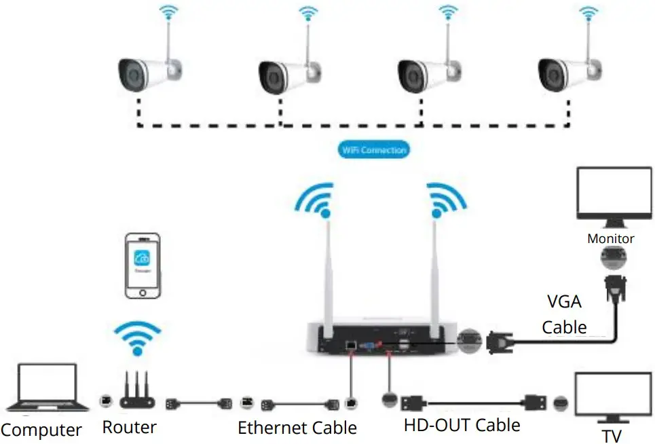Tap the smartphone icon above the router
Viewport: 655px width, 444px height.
pyautogui.click(x=143, y=265)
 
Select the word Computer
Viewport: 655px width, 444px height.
pyautogui.click(x=41, y=430)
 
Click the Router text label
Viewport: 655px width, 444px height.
pyautogui.click(x=130, y=427)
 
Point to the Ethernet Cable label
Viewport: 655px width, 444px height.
pyautogui.click(x=297, y=428)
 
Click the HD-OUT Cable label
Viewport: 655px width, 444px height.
pyautogui.click(x=462, y=426)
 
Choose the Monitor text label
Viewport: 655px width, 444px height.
pyautogui.click(x=610, y=238)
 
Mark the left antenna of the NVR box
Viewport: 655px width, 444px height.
pyautogui.click(x=327, y=272)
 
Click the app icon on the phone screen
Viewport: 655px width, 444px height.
pyautogui.click(x=143, y=259)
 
